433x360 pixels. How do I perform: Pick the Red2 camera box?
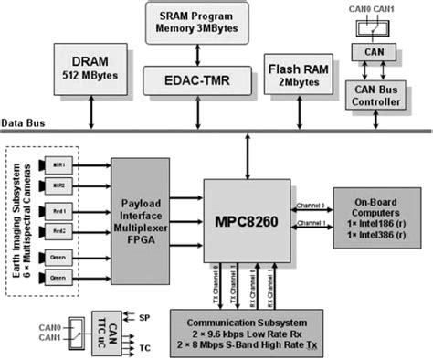[x=56, y=231]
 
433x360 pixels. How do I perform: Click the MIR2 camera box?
[x=56, y=185]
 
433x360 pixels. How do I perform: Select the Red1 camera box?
[x=56, y=209]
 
